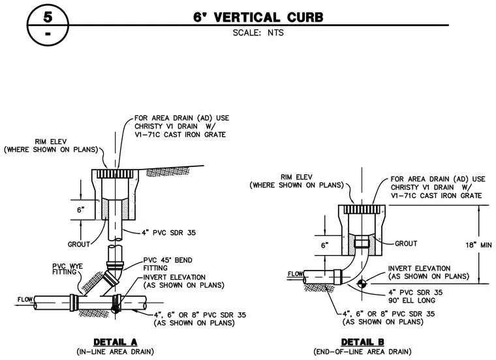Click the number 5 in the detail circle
(x=48, y=16)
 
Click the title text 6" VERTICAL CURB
(x=258, y=18)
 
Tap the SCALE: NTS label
(x=258, y=33)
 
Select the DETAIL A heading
(x=115, y=342)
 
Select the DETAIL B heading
(x=362, y=342)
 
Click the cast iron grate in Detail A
(x=115, y=173)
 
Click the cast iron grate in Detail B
(x=362, y=209)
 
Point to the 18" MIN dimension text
(x=478, y=245)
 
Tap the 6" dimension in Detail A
(x=81, y=210)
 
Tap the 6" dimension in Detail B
(x=325, y=246)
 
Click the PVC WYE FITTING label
(x=68, y=269)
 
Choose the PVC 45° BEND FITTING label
(x=168, y=264)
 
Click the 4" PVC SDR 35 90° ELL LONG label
(x=415, y=296)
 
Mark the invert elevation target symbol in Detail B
(x=362, y=284)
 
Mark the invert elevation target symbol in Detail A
(x=115, y=308)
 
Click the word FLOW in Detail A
(x=25, y=299)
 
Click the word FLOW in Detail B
(x=295, y=274)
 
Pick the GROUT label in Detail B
(x=406, y=244)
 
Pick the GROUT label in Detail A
(x=79, y=245)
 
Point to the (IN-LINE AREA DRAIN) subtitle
(x=115, y=352)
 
